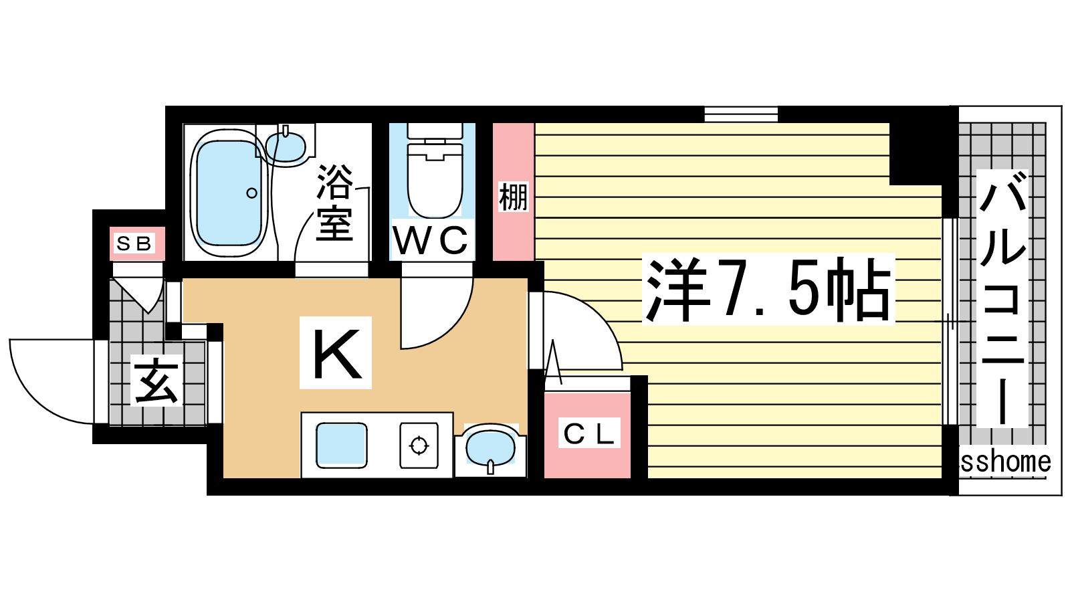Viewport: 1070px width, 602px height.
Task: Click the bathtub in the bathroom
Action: (x=228, y=193)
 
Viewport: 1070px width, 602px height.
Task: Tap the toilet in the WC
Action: (x=435, y=171)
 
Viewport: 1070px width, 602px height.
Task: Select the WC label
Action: (x=430, y=240)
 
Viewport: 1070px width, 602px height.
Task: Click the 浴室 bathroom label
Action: (x=334, y=203)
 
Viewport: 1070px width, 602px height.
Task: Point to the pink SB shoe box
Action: (x=137, y=243)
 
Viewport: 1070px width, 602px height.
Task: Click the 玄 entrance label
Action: (x=156, y=381)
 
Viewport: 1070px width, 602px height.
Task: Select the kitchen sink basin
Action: (x=341, y=445)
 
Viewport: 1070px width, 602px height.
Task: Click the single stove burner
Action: (x=419, y=445)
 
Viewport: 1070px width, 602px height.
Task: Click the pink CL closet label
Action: (x=589, y=434)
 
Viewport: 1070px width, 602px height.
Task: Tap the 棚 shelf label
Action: (x=514, y=197)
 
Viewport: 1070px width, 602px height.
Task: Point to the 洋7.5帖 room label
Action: (x=768, y=290)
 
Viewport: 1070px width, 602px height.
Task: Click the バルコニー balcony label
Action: (x=1002, y=298)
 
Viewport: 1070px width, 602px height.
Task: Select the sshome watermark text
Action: (x=1006, y=462)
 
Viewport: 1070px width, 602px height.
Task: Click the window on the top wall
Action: (x=741, y=114)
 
